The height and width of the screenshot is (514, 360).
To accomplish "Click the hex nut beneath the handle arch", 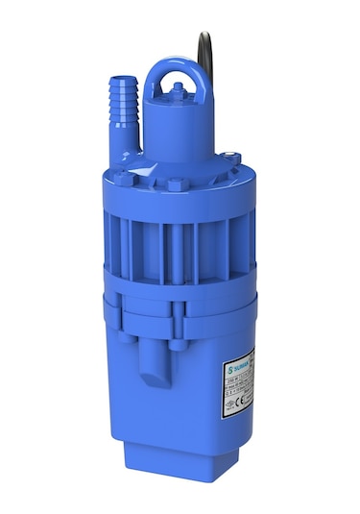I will point(177,91).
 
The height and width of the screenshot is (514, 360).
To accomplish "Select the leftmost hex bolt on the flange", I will point(125,178).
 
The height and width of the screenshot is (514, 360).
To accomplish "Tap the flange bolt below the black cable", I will point(230,157).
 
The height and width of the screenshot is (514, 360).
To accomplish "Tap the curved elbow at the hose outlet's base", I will point(126,144).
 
